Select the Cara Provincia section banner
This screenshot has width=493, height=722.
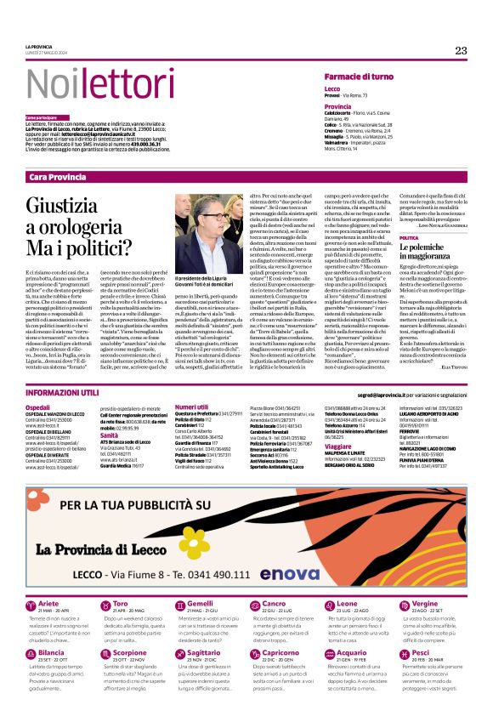pos(57,177)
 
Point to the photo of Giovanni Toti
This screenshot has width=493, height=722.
pos(203,234)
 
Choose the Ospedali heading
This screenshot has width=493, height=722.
pos(37,407)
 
